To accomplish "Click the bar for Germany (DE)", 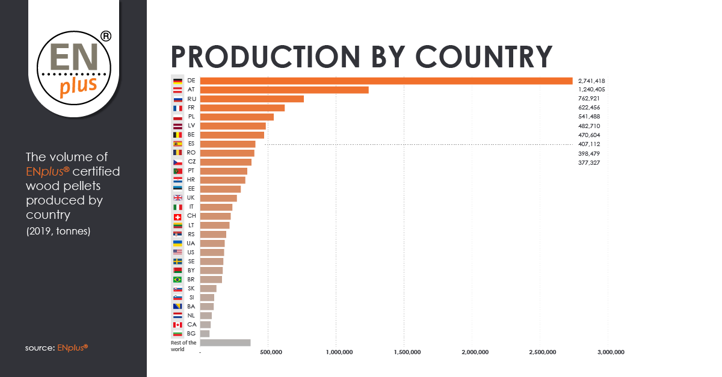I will point(386,81).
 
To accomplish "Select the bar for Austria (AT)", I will point(284,90).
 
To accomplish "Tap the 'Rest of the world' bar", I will point(225,343).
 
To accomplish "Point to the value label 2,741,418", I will point(591,81).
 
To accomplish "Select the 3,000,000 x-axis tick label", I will point(608,352).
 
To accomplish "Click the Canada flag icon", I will point(177,325).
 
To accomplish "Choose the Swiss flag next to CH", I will point(177,216).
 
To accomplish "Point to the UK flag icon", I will point(177,198).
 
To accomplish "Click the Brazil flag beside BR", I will point(177,280).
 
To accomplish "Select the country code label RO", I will point(191,153).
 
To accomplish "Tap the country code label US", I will point(191,253).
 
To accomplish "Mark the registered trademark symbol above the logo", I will point(105,37).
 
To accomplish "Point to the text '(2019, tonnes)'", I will point(58,231).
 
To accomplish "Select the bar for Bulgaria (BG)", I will point(205,334).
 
